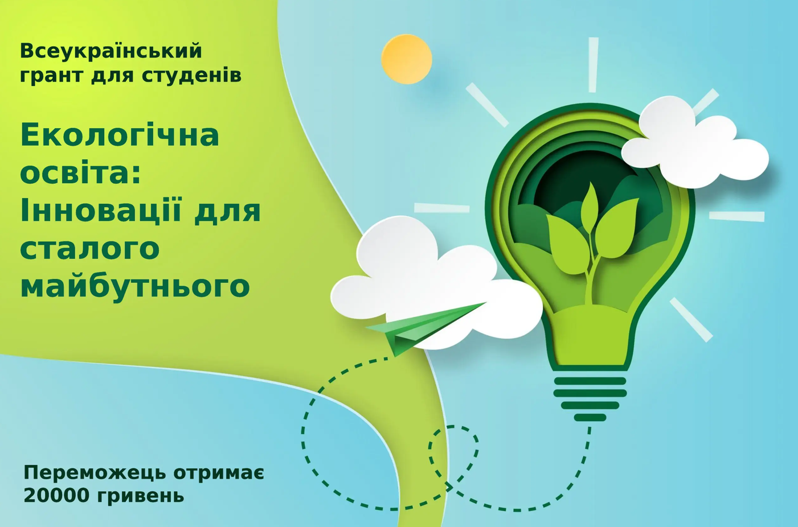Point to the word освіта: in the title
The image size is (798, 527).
coord(81,173)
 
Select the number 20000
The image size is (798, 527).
coord(56,495)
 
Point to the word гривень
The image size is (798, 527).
coord(140,496)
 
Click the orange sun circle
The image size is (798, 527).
coord(407,59)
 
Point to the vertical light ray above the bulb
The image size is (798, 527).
coord(594,65)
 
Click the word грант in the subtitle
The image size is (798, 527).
coord(52,76)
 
